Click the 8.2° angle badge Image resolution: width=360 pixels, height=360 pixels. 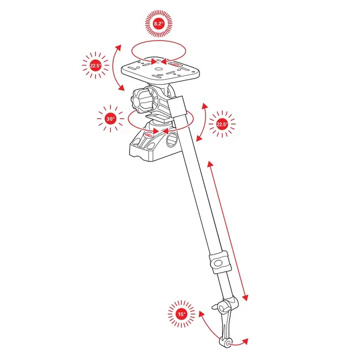coord(159,24)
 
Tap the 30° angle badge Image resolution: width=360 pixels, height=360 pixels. coord(110,119)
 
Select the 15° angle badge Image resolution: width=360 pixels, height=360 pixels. coord(181,315)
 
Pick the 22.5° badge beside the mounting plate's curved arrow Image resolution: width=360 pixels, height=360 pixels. coord(95,66)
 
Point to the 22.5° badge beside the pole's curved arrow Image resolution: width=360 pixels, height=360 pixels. coord(222,124)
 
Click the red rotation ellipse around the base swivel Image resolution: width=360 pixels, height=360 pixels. coord(161,119)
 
